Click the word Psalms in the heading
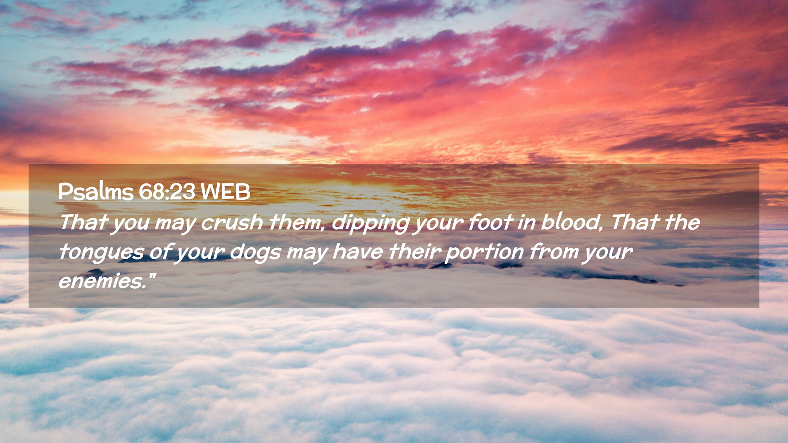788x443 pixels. (x=96, y=192)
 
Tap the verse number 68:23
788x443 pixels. (x=167, y=192)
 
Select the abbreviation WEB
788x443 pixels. (x=225, y=192)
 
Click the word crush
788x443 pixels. (x=232, y=222)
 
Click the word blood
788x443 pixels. (x=572, y=223)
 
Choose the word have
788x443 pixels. (x=357, y=252)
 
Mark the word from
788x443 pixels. (x=554, y=251)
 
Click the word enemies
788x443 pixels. (x=103, y=281)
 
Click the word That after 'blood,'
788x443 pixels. (x=635, y=222)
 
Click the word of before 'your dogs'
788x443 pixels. (x=160, y=251)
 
